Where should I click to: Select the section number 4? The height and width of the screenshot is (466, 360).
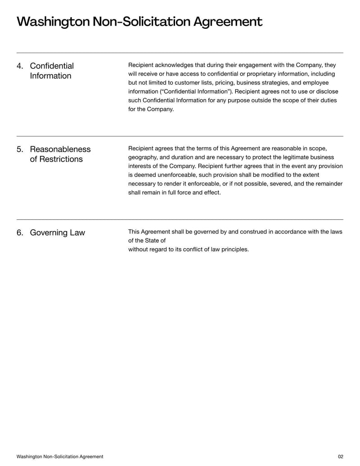click(x=20, y=66)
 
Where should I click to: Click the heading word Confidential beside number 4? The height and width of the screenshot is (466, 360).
click(x=52, y=66)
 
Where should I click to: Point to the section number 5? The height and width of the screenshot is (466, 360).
click(x=20, y=149)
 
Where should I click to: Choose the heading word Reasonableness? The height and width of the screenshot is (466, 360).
click(x=60, y=149)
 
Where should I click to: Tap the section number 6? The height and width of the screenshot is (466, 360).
click(x=20, y=233)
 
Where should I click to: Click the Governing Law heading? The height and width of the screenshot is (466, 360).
click(x=57, y=233)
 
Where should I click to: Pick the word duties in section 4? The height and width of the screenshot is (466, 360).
click(x=327, y=100)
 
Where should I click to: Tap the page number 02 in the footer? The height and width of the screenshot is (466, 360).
click(x=340, y=457)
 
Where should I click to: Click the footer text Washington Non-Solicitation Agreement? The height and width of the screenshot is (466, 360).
click(x=60, y=457)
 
